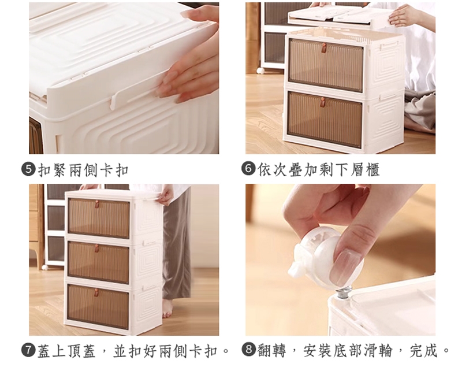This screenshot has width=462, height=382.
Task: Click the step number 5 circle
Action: (x=28, y=169)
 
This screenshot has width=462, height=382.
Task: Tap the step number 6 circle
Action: (x=248, y=169)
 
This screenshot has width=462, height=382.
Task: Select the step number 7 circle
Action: (x=28, y=350)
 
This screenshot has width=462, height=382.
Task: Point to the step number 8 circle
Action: (x=248, y=349)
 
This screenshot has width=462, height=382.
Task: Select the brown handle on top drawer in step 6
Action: (x=325, y=47)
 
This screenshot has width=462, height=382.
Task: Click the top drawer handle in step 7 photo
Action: (x=96, y=203)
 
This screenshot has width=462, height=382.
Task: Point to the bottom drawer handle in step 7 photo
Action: (x=96, y=293)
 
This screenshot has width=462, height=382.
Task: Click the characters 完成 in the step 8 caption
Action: (x=424, y=350)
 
